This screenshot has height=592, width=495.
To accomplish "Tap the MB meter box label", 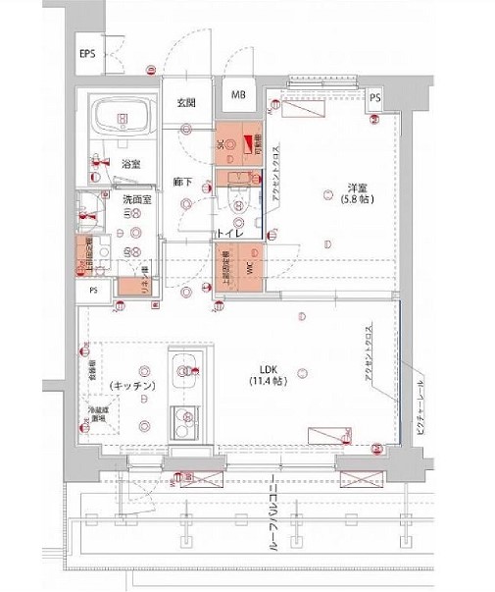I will [x=239, y=95].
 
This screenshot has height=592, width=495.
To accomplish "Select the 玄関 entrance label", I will [x=186, y=102].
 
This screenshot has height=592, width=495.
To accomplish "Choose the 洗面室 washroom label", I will [x=136, y=200].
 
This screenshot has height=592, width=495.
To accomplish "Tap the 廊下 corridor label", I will [x=181, y=182].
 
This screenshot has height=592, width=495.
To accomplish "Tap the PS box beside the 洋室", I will [x=375, y=96].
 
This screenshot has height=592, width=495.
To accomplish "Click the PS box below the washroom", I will [x=94, y=291].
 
